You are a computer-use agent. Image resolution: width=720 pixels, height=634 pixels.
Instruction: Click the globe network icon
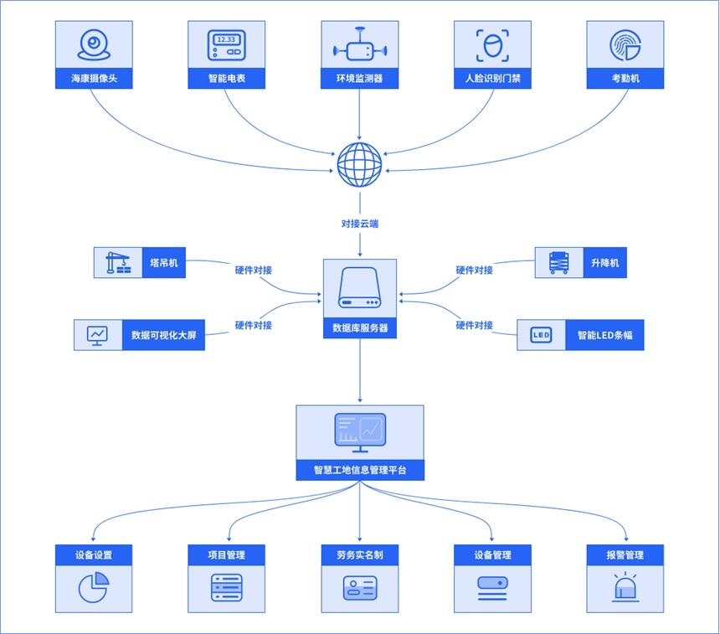pyautogui.click(x=360, y=165)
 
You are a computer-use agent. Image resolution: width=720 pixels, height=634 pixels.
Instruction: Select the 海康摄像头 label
pyautogui.click(x=94, y=80)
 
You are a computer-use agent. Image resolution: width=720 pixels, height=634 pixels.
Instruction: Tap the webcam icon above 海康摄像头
pyautogui.click(x=94, y=45)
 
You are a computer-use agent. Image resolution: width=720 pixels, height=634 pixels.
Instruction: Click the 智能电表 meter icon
pyautogui.click(x=226, y=45)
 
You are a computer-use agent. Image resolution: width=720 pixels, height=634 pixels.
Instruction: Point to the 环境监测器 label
pyautogui.click(x=360, y=80)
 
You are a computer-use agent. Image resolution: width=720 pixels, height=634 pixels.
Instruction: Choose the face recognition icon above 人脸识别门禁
pyautogui.click(x=492, y=45)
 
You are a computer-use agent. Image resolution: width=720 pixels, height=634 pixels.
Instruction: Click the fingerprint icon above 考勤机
pyautogui.click(x=625, y=45)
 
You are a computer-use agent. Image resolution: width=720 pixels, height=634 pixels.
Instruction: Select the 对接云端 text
pyautogui.click(x=360, y=224)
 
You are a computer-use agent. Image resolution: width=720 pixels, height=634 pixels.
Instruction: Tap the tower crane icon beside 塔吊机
pyautogui.click(x=118, y=263)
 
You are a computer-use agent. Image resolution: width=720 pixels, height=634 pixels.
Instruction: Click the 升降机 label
pyautogui.click(x=604, y=263)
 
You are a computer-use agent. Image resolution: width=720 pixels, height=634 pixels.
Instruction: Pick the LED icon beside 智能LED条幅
pyautogui.click(x=541, y=335)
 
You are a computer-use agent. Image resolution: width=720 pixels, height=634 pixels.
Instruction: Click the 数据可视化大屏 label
pyautogui.click(x=163, y=335)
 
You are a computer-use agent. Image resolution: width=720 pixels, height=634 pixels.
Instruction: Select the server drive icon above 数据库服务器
pyautogui.click(x=360, y=289)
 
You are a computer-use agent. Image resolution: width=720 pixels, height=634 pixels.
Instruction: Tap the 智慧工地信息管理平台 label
pyautogui.click(x=360, y=470)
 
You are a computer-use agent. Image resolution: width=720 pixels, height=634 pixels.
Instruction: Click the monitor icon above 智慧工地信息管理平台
pyautogui.click(x=360, y=431)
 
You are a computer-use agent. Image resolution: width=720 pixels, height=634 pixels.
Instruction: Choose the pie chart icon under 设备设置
pyautogui.click(x=94, y=587)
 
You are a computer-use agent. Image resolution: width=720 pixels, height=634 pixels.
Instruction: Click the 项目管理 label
pyautogui.click(x=226, y=554)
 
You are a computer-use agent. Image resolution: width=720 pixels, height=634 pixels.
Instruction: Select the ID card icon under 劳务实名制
pyautogui.click(x=360, y=587)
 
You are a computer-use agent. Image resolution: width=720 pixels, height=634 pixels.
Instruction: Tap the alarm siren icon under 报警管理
pyautogui.click(x=625, y=587)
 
